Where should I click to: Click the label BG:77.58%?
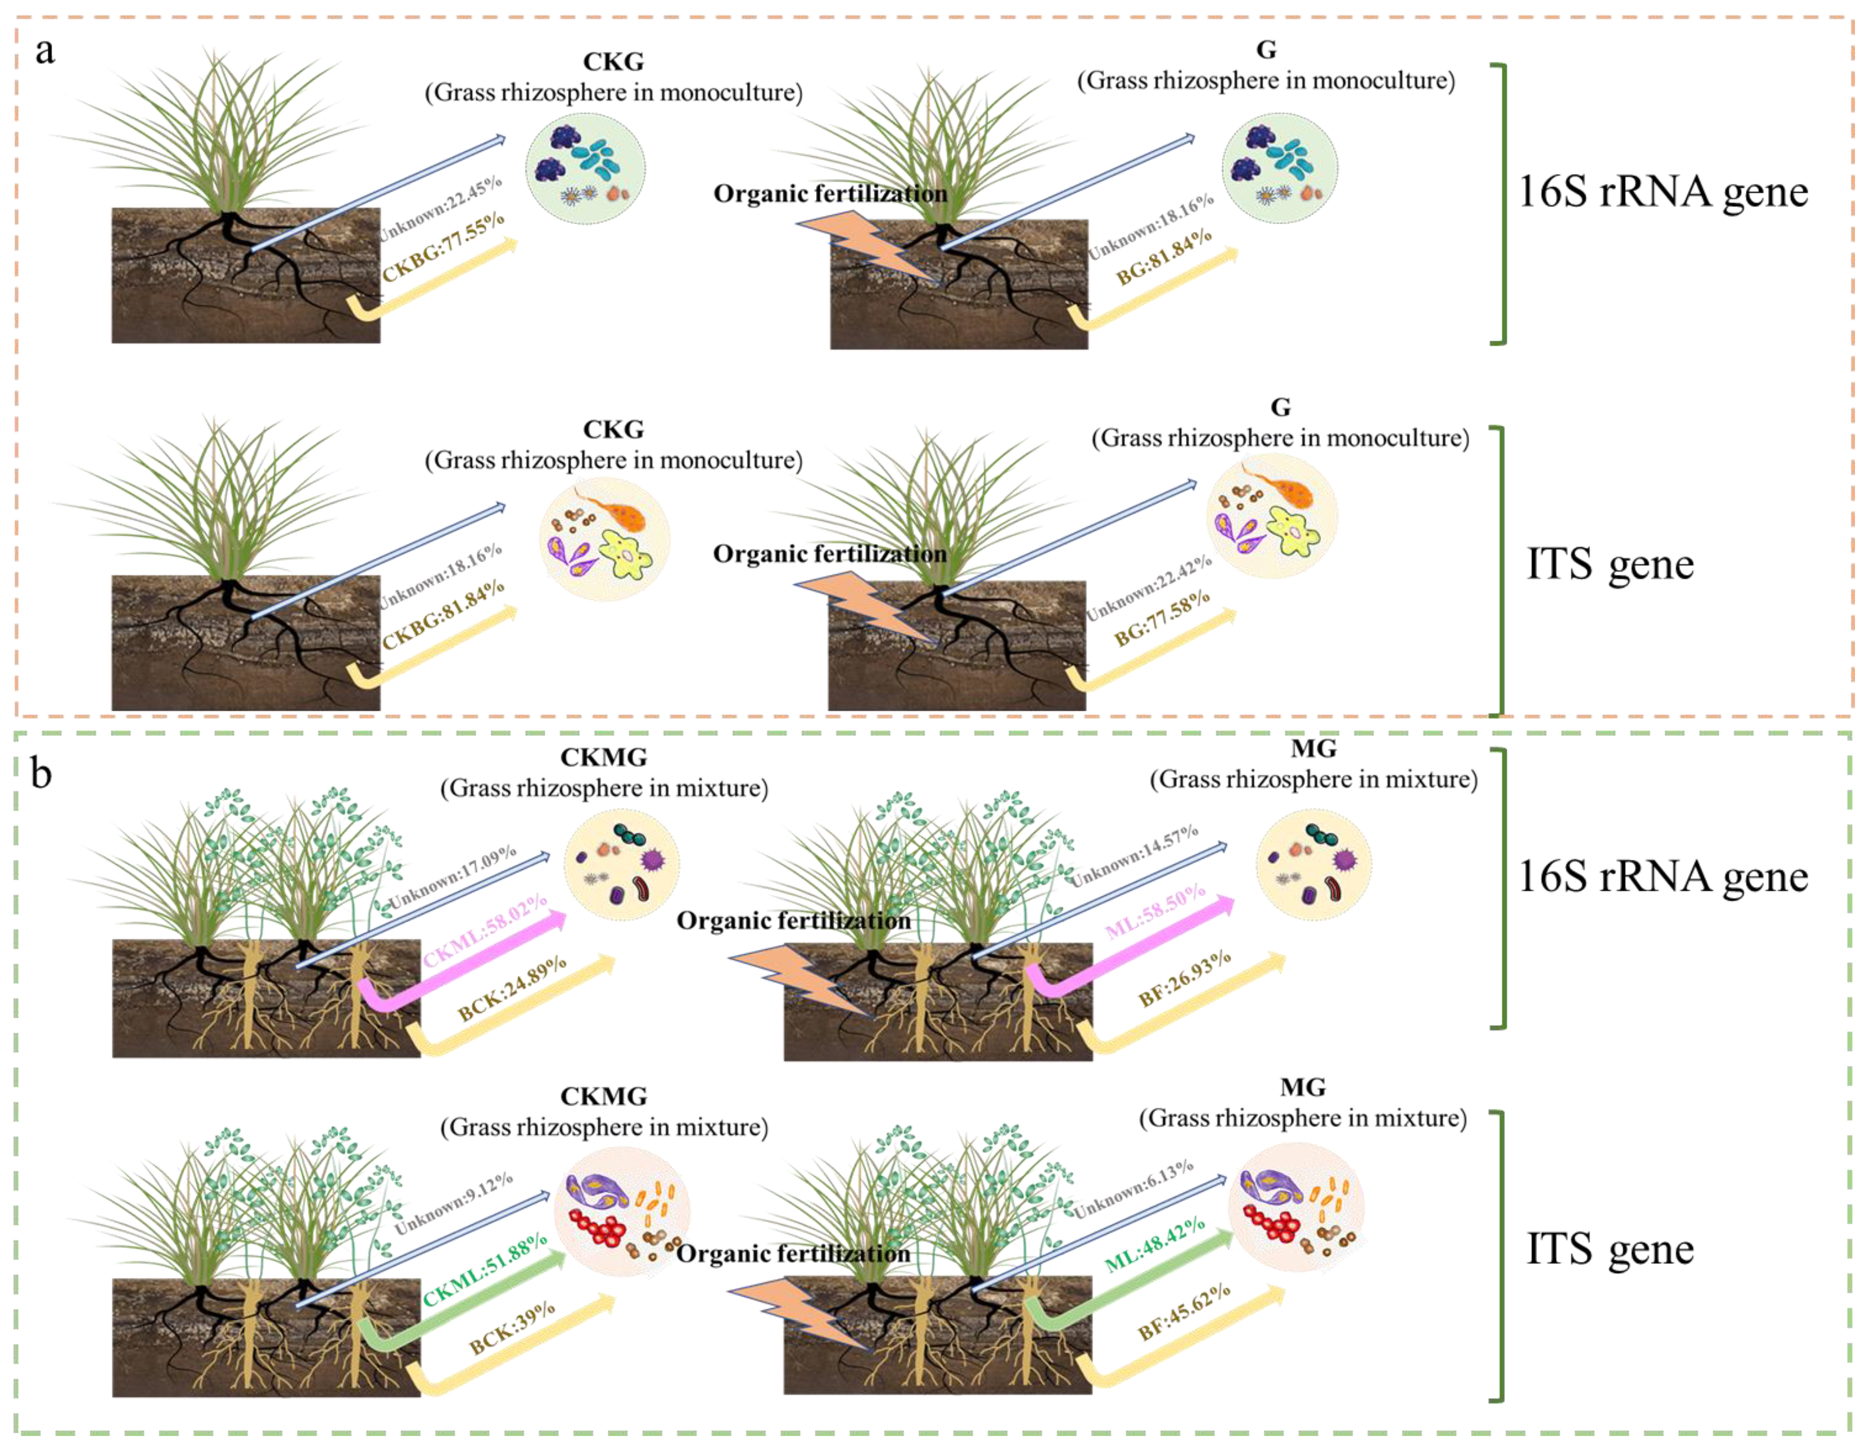(x=1162, y=617)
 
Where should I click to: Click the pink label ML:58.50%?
(x=1155, y=912)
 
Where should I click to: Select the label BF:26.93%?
(x=1184, y=979)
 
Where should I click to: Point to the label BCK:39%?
(x=512, y=1327)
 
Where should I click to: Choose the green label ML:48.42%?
(x=1155, y=1244)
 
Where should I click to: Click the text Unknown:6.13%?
(x=1133, y=1190)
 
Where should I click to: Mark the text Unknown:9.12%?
(x=454, y=1203)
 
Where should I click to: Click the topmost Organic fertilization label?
(x=830, y=194)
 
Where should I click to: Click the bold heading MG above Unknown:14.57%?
(x=1313, y=749)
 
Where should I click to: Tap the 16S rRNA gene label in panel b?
(x=1663, y=877)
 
